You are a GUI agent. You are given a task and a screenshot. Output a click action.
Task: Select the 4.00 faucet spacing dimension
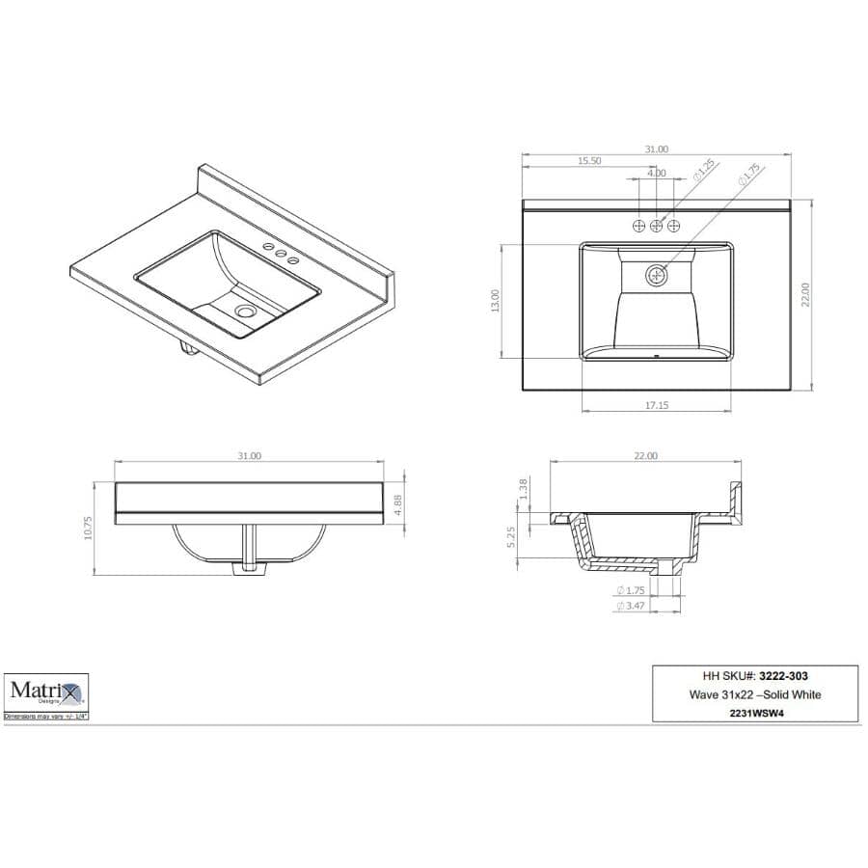click(x=656, y=174)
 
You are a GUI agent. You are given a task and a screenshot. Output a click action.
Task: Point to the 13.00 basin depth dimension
click(x=495, y=300)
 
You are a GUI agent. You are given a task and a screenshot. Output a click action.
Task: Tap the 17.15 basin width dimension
click(x=656, y=406)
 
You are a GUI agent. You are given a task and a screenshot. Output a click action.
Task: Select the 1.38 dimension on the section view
click(x=525, y=489)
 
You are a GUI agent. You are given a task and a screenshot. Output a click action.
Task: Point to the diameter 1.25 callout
click(x=702, y=173)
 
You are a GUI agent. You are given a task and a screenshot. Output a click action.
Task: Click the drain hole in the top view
click(x=657, y=275)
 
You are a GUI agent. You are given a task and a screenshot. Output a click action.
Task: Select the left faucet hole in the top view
click(x=638, y=226)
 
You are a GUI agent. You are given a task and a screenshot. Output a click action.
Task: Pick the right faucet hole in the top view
click(x=674, y=226)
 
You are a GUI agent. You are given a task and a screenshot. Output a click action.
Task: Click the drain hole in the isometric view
click(x=245, y=312)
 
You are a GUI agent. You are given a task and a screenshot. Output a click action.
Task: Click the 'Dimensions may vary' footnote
click(x=45, y=718)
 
